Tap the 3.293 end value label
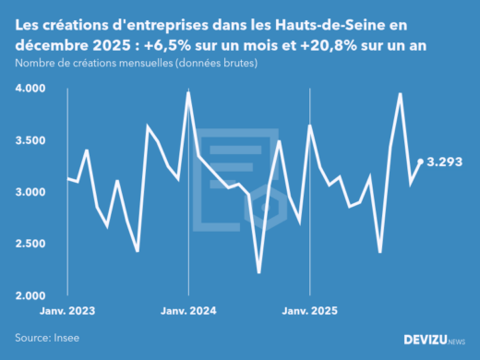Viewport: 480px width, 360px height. tap(450, 162)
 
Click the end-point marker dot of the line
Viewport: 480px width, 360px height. tap(421, 162)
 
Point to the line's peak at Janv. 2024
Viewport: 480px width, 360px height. tap(188, 92)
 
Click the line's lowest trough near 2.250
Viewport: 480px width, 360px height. tap(258, 272)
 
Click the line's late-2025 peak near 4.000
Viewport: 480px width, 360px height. tap(400, 93)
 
